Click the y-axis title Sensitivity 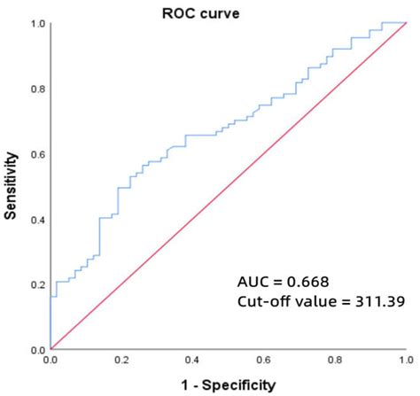[12, 186]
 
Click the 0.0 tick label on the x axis [51, 362]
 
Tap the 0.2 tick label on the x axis [121, 362]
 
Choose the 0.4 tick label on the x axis [192, 362]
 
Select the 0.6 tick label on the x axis [263, 362]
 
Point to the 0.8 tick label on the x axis [334, 362]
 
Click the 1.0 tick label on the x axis [405, 362]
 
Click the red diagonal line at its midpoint [228, 186]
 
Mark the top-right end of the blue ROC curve [405, 23]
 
